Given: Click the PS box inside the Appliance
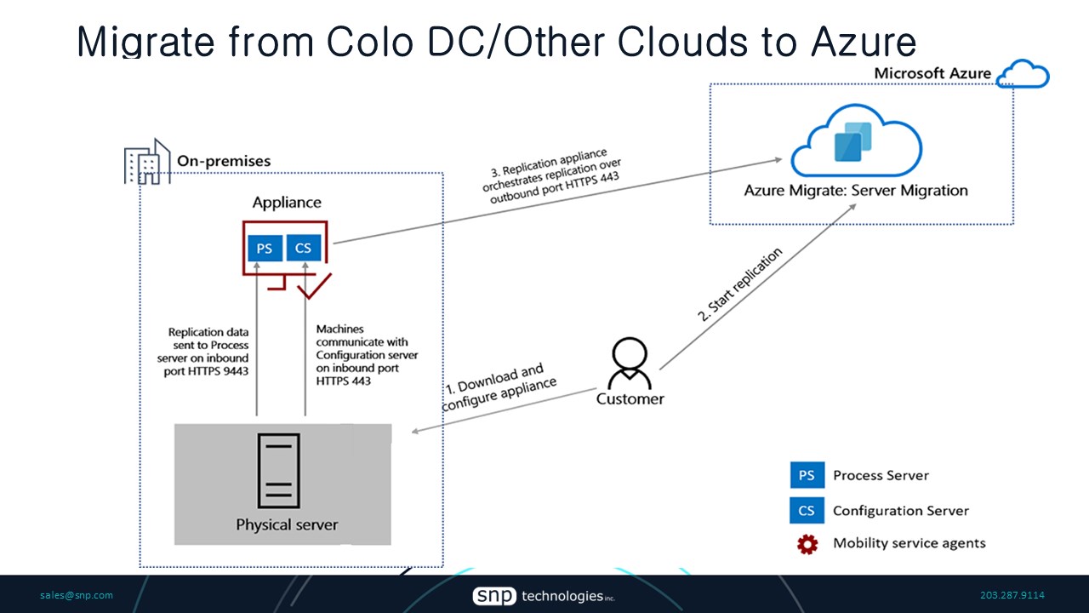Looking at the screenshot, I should coord(265,249).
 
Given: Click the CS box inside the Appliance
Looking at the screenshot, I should coord(303,249).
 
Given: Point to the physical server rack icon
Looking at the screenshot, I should coord(279,471).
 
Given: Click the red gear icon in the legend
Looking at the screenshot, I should coord(807,544).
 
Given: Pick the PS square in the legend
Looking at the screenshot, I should coord(807,475).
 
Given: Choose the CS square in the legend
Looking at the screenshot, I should coord(807,511).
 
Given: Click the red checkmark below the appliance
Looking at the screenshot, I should coord(314,287).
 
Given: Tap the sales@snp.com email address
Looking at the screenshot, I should coord(77,595).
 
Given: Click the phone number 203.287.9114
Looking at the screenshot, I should coord(1012,595).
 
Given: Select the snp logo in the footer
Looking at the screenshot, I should coord(494,596).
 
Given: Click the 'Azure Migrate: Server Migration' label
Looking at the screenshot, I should coord(856,190).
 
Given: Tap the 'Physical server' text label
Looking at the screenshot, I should coord(287,524).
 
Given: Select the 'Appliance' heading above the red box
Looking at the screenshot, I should coord(287,203).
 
